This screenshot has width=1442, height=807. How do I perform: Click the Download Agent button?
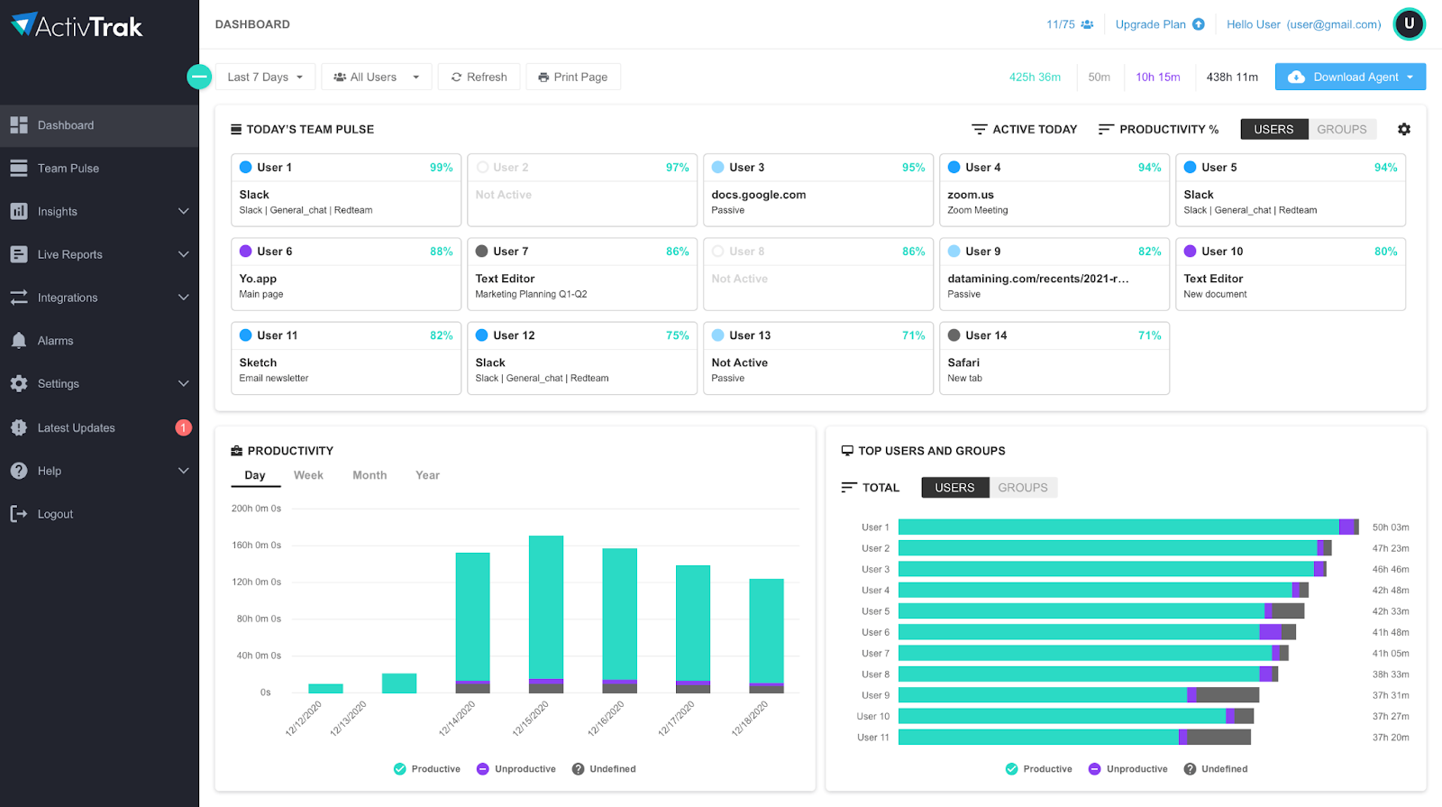pos(1349,77)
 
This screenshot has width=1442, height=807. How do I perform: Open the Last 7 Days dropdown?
pos(265,77)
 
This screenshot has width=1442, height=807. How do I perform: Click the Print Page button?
pos(573,77)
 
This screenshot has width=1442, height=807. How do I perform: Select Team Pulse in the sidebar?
pos(68,169)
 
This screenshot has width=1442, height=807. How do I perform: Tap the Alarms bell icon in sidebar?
pos(19,341)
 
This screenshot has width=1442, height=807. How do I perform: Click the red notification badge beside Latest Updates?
pos(183,427)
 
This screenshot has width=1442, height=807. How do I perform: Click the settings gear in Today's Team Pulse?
pos(1403,129)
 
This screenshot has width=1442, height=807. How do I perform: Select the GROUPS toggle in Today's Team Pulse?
pos(1341,129)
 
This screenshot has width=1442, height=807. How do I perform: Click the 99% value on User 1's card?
pos(441,168)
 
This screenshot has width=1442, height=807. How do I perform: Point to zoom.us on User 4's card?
pos(970,195)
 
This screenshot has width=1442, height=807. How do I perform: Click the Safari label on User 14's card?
pos(963,362)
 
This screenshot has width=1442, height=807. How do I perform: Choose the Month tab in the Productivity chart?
pos(370,475)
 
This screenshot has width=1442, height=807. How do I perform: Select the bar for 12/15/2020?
pos(546,613)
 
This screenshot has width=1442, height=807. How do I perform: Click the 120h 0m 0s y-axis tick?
pos(256,582)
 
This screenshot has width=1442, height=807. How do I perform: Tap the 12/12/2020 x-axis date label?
pos(304,719)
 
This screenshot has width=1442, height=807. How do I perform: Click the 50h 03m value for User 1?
pos(1390,527)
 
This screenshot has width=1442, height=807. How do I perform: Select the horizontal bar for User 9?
pos(1078,695)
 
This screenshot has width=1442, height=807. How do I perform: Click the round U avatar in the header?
pos(1409,24)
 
